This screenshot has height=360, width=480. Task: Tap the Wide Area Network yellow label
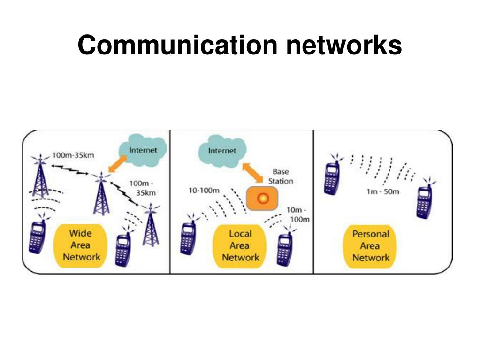coord(82,245)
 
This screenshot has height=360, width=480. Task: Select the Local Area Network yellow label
coord(240,245)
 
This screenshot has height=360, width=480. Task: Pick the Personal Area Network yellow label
coord(371,245)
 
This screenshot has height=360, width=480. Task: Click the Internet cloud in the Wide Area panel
coord(142,150)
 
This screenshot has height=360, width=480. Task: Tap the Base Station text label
coord(281,176)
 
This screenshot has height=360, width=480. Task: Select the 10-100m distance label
coord(203,190)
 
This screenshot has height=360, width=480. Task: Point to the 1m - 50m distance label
coord(383,191)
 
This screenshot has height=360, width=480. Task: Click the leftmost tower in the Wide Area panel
coord(41,176)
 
